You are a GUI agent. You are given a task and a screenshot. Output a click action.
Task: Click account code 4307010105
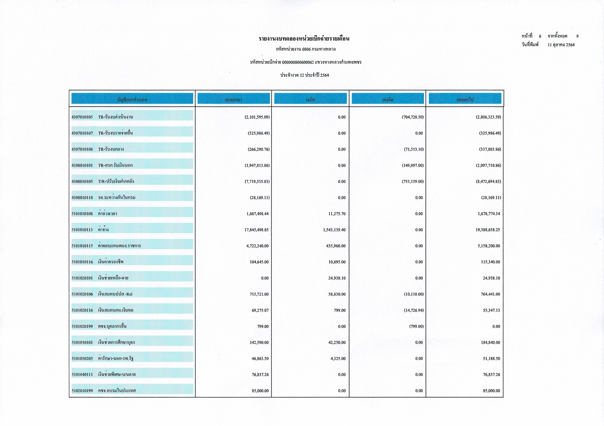(x=82, y=117)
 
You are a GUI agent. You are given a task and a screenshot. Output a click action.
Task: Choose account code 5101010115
(x=82, y=246)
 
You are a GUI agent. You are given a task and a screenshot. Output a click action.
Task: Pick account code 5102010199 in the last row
(x=82, y=391)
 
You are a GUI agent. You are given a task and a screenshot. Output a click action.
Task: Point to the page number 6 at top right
(x=540, y=36)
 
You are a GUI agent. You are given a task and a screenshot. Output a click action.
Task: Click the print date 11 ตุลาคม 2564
(x=561, y=45)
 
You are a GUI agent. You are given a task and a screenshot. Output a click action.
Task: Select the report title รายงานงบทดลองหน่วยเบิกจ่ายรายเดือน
(x=304, y=39)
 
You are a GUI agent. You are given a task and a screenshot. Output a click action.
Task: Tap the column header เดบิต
(x=310, y=100)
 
